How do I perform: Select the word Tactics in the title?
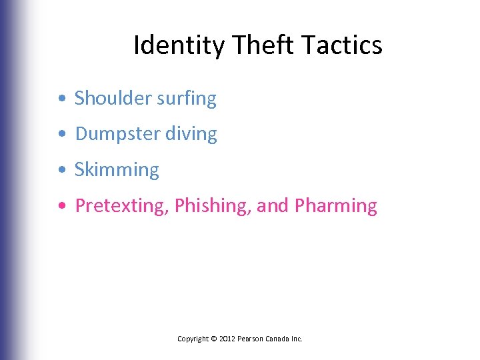tap(341, 46)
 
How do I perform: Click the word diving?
tap(191, 134)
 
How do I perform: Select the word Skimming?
tap(117, 170)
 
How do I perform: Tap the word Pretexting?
tap(121, 206)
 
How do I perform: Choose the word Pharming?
tap(335, 206)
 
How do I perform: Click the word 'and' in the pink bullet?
tap(272, 206)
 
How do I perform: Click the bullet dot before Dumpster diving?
tap(61, 135)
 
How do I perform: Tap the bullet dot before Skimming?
tap(61, 171)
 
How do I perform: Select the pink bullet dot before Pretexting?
tap(61, 207)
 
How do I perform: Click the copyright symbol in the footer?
tap(213, 339)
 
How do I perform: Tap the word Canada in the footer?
tap(281, 339)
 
